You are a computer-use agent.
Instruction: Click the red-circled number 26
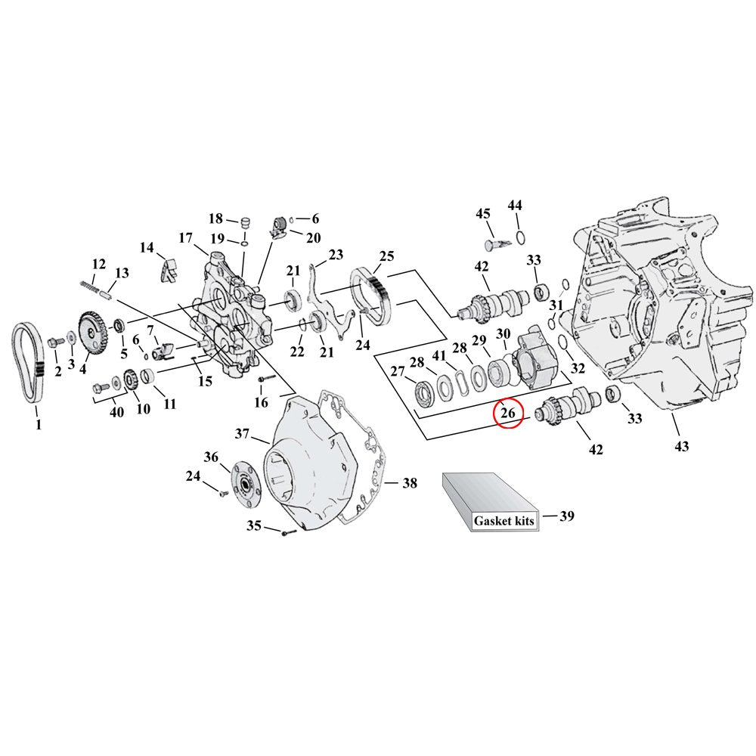click(x=507, y=414)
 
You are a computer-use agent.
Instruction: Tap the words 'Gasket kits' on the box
click(x=504, y=522)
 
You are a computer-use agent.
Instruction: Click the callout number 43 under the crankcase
click(x=682, y=447)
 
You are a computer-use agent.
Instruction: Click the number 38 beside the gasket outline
click(x=408, y=483)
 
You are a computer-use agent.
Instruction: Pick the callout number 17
click(x=187, y=237)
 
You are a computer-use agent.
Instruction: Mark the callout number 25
click(x=386, y=256)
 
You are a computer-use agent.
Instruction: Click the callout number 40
click(x=116, y=412)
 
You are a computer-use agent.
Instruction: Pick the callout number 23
click(x=335, y=254)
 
